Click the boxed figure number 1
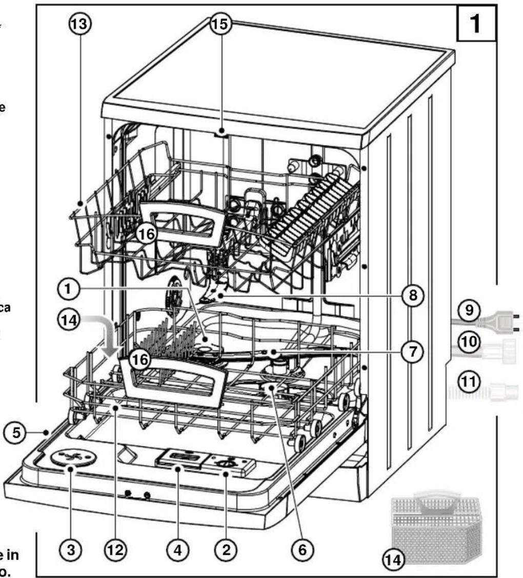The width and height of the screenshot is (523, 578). tap(476, 24)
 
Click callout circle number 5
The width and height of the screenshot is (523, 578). tap(18, 432)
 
